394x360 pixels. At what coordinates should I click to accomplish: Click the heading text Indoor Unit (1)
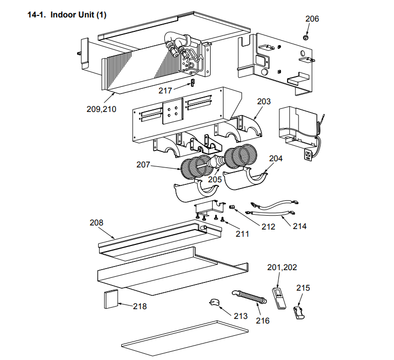point(78,14)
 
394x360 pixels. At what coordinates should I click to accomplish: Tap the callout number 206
point(312,19)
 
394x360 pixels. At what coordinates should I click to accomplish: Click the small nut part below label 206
point(306,38)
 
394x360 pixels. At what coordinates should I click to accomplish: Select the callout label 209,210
point(101,108)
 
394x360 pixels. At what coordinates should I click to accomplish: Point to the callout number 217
point(165,90)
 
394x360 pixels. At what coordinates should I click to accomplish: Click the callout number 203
point(264,102)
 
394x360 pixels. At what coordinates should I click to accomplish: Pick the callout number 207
point(143,165)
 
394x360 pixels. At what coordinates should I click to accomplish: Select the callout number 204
point(276,159)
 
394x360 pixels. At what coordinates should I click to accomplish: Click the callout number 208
point(96,223)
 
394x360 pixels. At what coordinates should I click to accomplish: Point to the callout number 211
point(242,234)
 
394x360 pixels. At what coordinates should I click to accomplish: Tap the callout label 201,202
point(282,267)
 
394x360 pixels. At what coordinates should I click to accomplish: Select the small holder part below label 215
point(298,312)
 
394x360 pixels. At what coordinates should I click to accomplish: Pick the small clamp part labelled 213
point(215,302)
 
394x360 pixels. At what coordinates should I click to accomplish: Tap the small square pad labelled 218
point(111,299)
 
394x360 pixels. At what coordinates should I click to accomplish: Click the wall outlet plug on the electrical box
point(308,155)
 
